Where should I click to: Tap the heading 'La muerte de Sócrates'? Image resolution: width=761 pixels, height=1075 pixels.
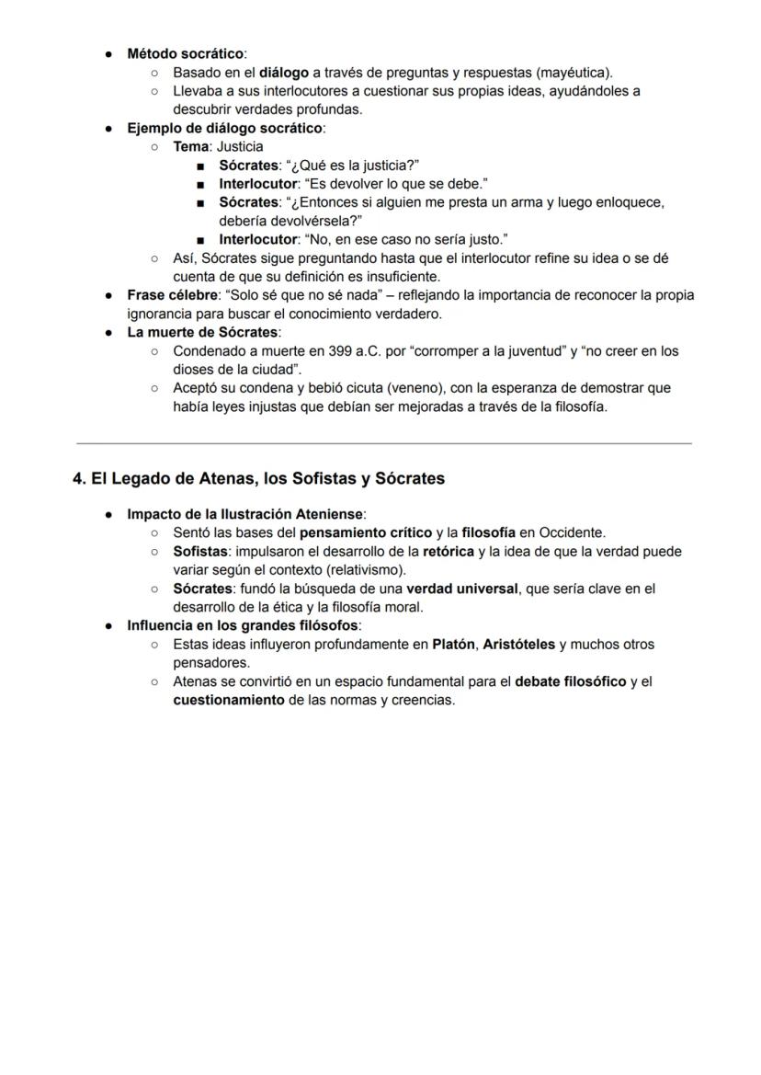pos(203,332)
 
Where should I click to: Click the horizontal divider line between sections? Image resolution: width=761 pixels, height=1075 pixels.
pos(383,443)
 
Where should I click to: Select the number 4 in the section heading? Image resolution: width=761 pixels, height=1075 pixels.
pos(78,478)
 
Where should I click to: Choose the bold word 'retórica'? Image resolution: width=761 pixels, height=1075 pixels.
pos(449,552)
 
